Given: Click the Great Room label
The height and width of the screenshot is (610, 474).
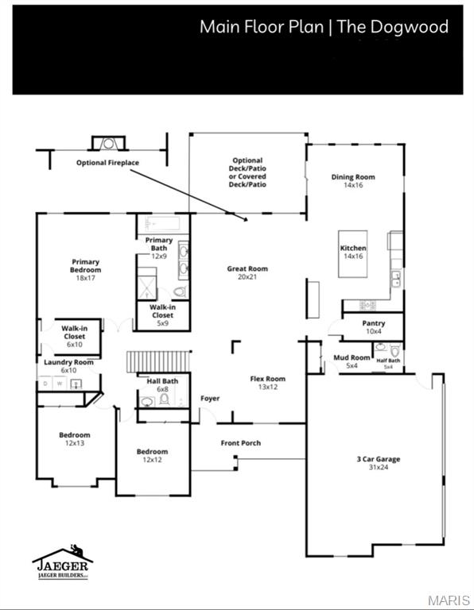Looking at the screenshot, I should pos(247,272).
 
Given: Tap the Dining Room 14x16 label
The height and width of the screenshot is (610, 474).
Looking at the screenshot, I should pos(353,180).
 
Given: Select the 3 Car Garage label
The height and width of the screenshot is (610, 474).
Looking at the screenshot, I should pos(378,463).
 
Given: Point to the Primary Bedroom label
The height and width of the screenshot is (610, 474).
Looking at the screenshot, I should pos(85,269).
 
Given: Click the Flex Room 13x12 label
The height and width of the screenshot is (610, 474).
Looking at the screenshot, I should pos(268,383).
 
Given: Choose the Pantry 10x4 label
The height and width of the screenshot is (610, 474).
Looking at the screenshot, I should pos(374,327).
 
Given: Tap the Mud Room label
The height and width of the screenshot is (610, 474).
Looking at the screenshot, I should pos(352,361).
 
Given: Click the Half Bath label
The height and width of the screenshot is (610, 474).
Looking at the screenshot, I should pos(388,362).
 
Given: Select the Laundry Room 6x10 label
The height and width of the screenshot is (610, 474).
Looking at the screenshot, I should pos(68,366).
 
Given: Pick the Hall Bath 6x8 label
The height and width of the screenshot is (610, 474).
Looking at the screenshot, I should pos(162,384).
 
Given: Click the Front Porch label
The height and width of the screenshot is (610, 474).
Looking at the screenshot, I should pos(241,442).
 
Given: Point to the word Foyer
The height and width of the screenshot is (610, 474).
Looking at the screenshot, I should pos(210,398).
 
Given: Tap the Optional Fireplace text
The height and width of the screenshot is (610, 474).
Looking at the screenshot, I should pos(107,163).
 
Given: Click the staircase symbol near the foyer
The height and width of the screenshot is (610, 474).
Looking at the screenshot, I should pos(159,361).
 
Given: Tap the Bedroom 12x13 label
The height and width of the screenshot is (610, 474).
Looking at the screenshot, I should pos(74,438).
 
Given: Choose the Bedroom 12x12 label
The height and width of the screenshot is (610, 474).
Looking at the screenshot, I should pos(152,455).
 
